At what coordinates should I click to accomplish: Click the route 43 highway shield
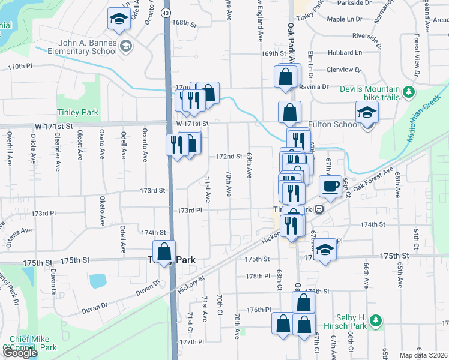click(x=166, y=13)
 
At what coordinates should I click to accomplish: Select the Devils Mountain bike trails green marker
click(x=409, y=92)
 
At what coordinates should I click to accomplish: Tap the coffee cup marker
click(x=329, y=186)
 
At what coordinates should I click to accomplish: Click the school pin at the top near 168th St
click(x=119, y=19)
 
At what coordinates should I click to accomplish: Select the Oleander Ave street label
click(x=56, y=147)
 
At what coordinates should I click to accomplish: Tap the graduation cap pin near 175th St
click(x=324, y=250)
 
